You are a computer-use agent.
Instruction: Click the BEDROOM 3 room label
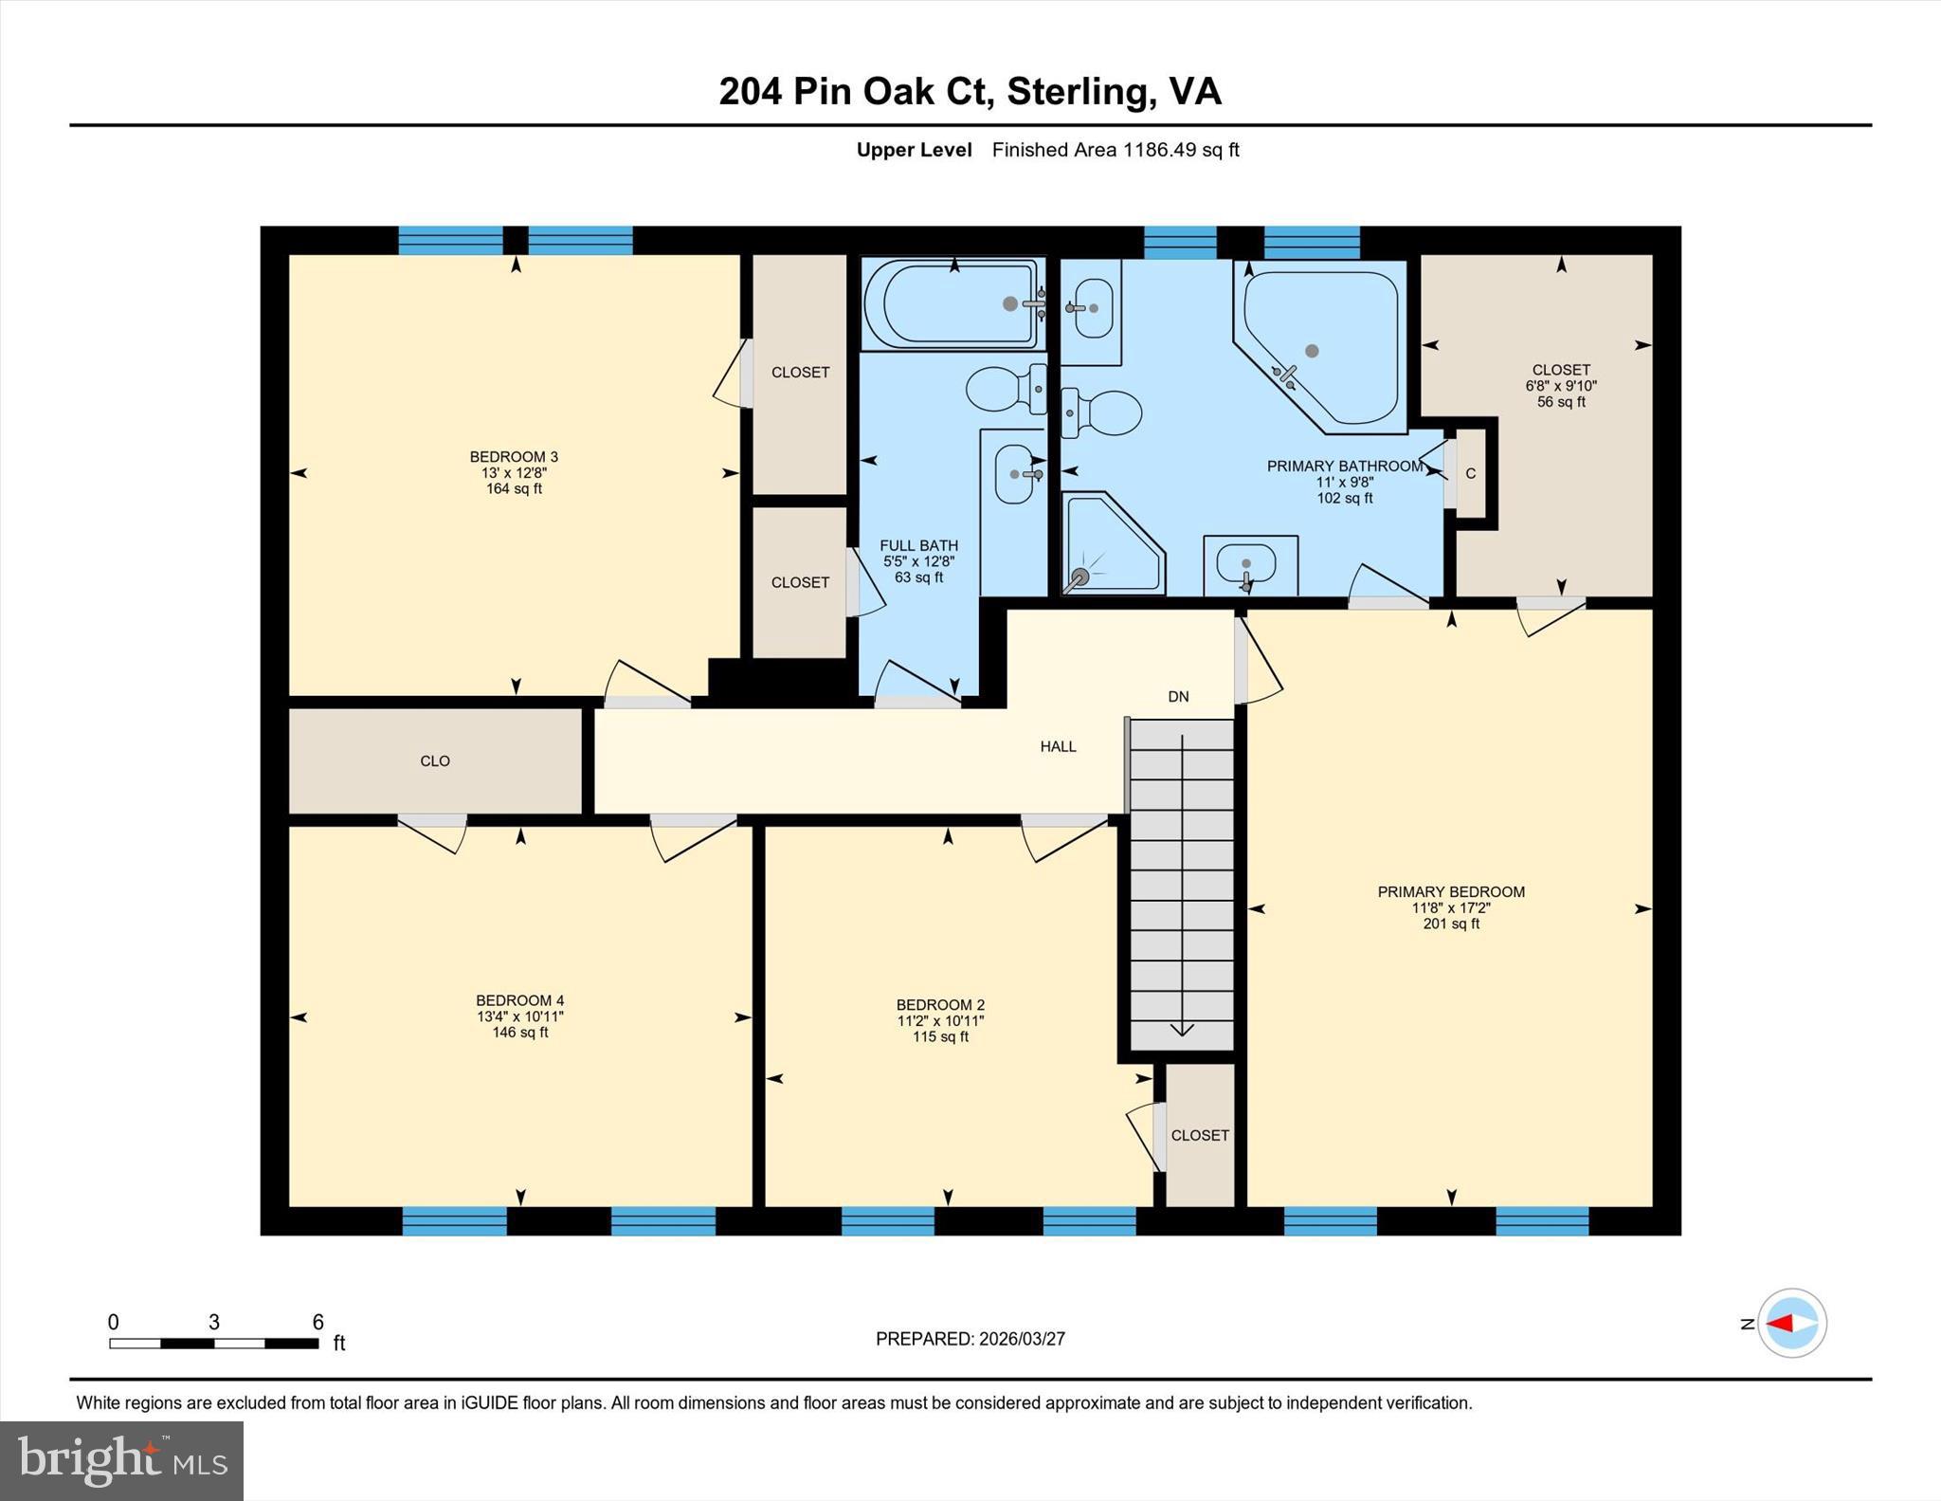(514, 457)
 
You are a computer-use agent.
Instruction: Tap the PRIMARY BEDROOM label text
(1450, 891)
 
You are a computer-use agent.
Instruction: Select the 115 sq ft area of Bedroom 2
(940, 1037)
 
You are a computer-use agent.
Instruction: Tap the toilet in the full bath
(1005, 389)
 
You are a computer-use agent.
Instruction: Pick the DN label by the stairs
(1178, 697)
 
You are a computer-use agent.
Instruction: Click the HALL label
(1058, 747)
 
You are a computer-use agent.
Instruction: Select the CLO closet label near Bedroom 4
(435, 761)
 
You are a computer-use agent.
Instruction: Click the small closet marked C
(1471, 474)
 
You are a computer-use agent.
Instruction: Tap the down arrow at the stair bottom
(1182, 1029)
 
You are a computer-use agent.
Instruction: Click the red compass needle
(1780, 1324)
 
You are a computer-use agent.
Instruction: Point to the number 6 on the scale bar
(318, 1322)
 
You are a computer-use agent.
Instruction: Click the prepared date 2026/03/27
(1022, 1339)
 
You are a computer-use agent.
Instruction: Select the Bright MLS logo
(121, 1460)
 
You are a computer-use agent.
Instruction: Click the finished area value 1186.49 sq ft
(1181, 150)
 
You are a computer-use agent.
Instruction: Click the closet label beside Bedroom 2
(1200, 1136)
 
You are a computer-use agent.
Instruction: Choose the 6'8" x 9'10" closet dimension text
(1561, 386)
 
